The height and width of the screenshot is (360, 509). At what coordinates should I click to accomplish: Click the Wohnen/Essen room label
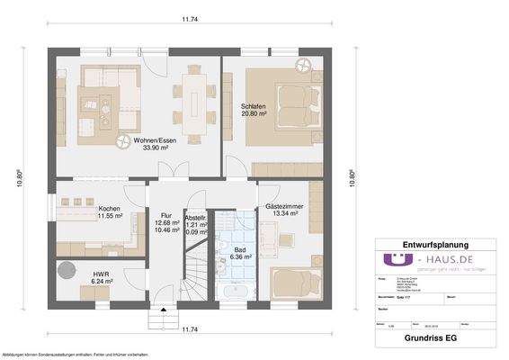click(153, 140)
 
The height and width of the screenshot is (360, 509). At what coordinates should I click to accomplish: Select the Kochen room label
click(109, 209)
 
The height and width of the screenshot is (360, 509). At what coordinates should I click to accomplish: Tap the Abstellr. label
click(197, 216)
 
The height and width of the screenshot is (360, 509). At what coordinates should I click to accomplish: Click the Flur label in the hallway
click(165, 216)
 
